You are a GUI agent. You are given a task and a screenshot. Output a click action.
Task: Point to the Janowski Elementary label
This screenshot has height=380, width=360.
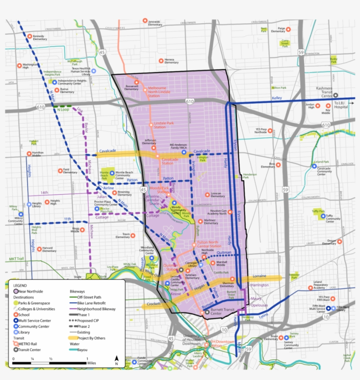click(x=155, y=22)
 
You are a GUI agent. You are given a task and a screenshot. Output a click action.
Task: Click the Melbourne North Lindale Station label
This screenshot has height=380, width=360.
click(x=160, y=91)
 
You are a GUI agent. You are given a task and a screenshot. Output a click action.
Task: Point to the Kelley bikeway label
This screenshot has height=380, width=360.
click(x=277, y=98)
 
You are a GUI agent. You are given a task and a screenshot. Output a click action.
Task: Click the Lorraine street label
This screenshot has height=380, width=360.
click(x=259, y=276)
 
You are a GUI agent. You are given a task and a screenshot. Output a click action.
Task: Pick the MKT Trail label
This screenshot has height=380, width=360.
click(x=16, y=259)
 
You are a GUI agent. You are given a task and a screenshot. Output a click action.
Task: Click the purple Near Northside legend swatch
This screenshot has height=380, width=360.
click(x=16, y=291)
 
